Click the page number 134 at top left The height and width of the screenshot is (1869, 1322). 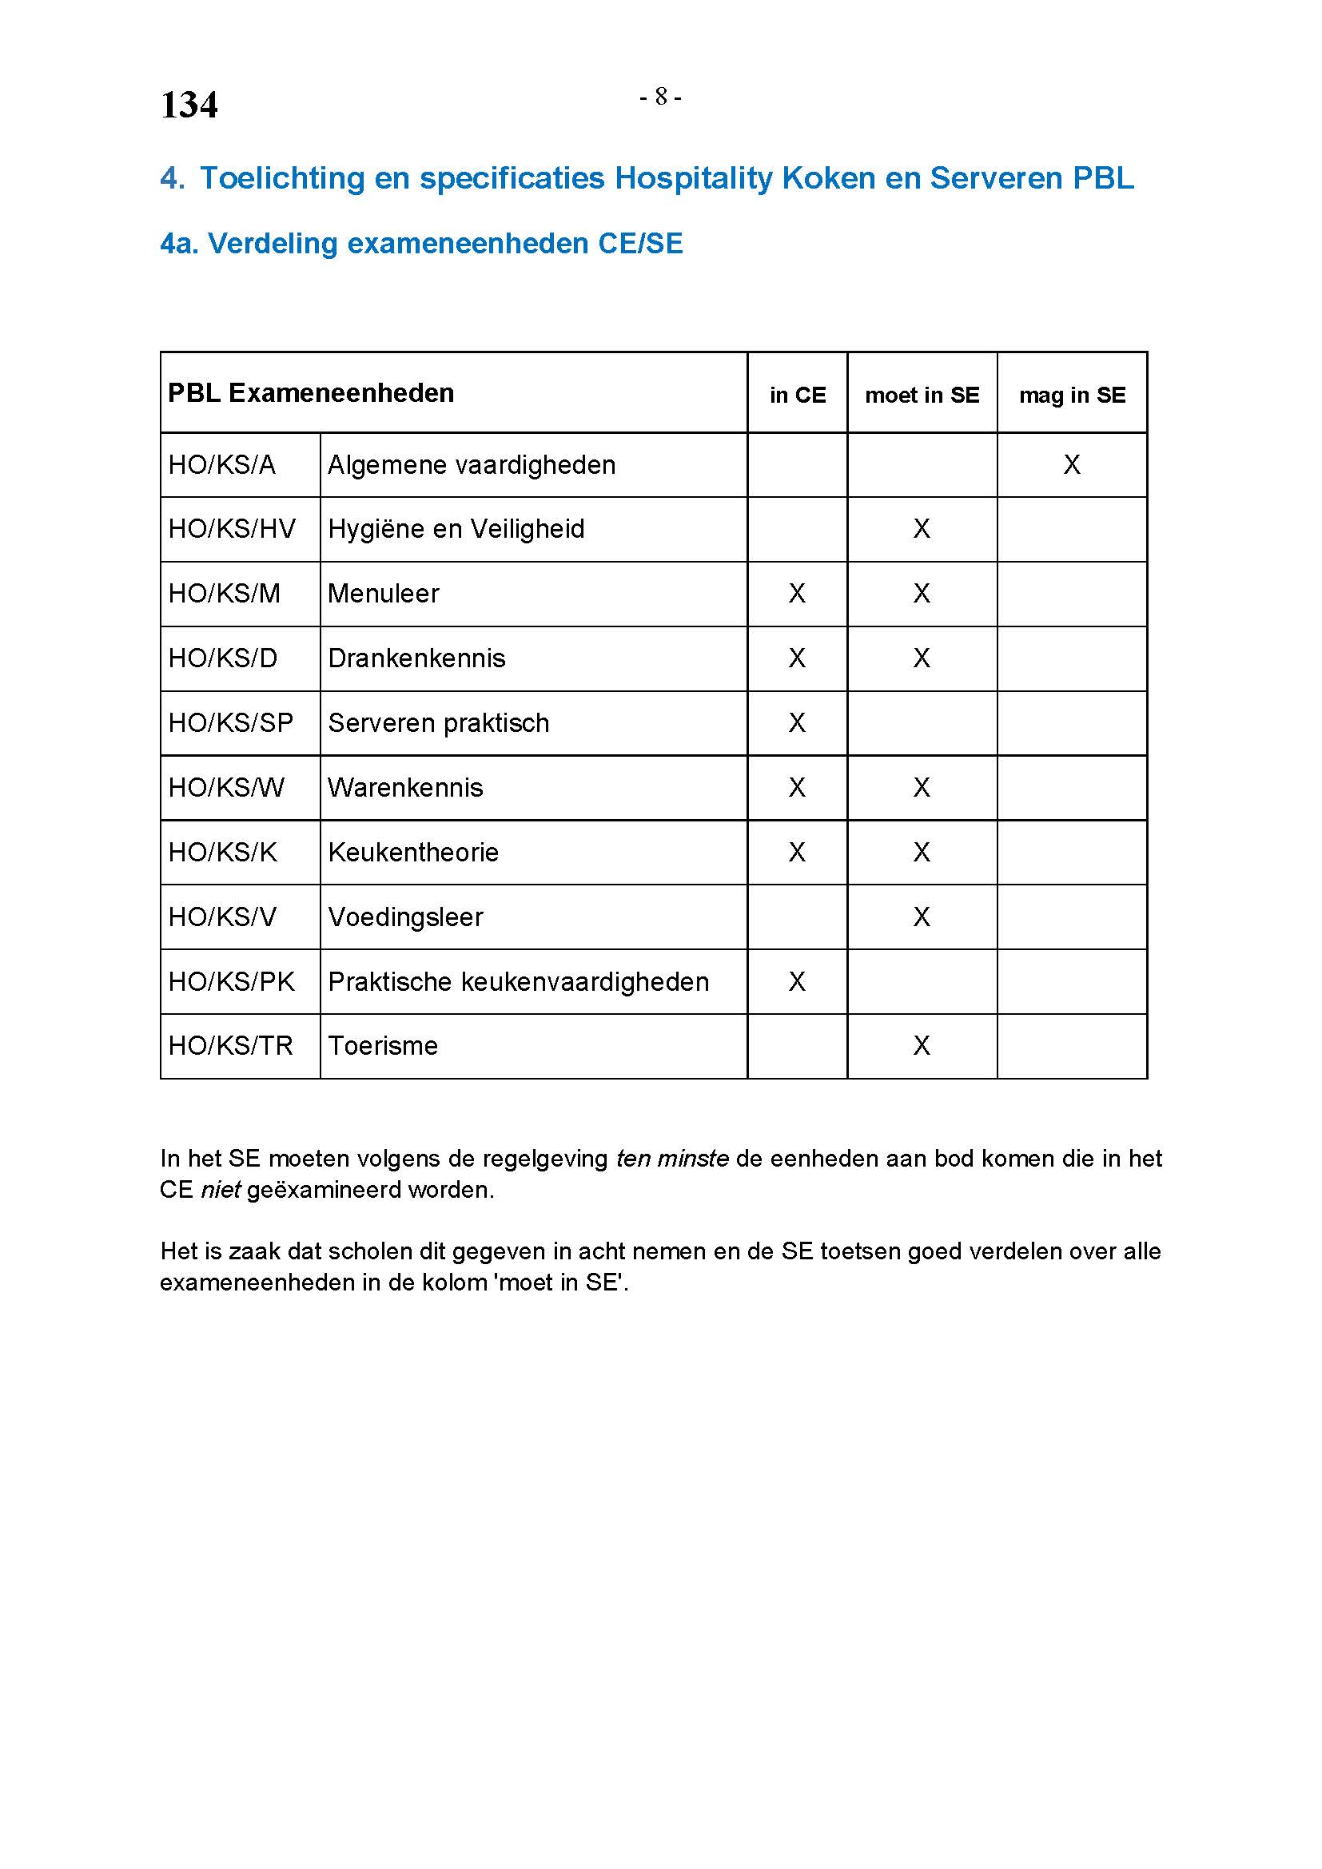[189, 105]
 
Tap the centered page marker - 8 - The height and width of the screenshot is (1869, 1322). [660, 97]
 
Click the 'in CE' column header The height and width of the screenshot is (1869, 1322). [797, 396]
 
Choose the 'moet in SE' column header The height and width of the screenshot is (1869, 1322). [922, 396]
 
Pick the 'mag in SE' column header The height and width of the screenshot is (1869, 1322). [1072, 396]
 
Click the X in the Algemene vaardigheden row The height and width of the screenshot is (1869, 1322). [1072, 465]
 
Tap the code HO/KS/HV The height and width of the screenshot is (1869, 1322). [232, 529]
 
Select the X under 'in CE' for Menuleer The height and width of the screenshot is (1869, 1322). [797, 594]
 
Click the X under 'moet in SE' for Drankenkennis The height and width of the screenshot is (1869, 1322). [922, 658]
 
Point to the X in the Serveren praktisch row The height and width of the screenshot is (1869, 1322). [797, 723]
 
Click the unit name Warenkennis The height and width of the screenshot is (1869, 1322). [405, 788]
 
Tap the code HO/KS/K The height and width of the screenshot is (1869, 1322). [222, 853]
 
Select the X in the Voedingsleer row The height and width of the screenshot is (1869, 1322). [922, 917]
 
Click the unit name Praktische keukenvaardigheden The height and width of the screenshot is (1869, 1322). [519, 982]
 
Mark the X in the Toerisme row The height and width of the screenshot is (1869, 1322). [922, 1046]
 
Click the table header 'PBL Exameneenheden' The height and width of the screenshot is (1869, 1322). [311, 393]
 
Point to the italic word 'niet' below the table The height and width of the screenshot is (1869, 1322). [221, 1190]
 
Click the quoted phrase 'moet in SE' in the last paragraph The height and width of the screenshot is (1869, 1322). [561, 1283]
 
